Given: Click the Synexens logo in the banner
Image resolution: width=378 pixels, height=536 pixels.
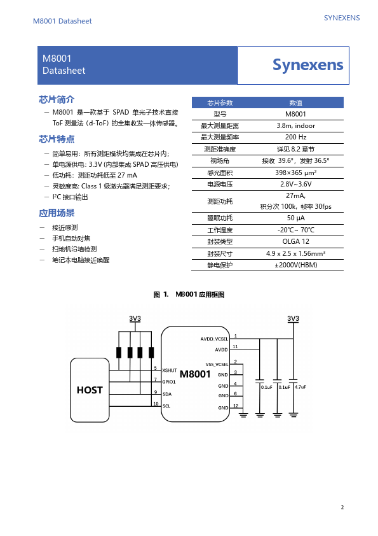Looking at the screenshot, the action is [x=307, y=65].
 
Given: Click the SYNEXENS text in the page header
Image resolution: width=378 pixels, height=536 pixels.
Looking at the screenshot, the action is [x=342, y=18].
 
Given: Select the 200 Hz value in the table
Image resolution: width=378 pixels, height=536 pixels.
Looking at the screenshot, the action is [x=296, y=137].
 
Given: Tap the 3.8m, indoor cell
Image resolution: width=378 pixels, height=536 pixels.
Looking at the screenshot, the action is [x=296, y=125].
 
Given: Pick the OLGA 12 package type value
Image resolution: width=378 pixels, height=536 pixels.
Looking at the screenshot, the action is [x=296, y=241].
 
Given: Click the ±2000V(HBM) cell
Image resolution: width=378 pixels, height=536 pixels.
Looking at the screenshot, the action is [x=296, y=265].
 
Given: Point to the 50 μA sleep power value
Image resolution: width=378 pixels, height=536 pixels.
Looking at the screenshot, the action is [x=296, y=218].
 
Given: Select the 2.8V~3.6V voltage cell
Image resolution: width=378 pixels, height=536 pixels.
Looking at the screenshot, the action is [x=296, y=184].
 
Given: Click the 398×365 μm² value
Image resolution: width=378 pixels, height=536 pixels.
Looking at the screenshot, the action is [x=296, y=173].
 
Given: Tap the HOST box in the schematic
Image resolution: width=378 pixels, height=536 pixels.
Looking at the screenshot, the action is [x=90, y=390].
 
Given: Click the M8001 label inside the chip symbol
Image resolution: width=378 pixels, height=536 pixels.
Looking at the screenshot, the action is [x=195, y=374].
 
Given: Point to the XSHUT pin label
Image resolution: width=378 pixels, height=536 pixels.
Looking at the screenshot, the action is [x=170, y=370].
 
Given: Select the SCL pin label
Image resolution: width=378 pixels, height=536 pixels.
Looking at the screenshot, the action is [x=166, y=406].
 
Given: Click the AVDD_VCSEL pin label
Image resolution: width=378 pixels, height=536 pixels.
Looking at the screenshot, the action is [x=214, y=339].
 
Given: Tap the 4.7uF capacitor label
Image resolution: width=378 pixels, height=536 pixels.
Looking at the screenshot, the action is [x=300, y=387].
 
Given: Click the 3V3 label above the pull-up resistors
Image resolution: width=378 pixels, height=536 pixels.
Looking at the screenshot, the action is [x=135, y=318].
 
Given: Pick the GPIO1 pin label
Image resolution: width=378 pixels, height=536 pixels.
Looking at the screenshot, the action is [x=169, y=382].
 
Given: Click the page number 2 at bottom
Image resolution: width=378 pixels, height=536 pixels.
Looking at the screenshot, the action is [x=342, y=507].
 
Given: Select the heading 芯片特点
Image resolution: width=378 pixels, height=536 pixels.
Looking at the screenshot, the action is [x=57, y=139].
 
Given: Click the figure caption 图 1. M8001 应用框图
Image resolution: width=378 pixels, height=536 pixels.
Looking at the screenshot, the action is [x=189, y=295].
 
